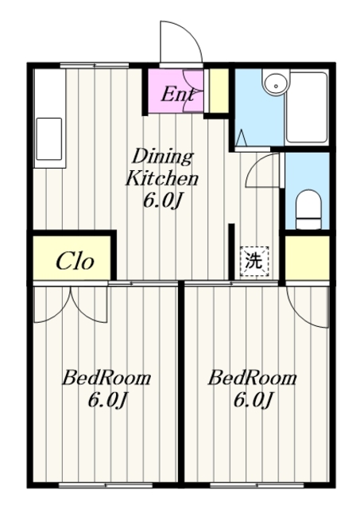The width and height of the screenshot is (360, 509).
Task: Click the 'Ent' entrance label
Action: [178, 95]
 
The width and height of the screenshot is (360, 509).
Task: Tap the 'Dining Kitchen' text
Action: [162, 168]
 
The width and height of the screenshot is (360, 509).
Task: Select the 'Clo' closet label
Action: [75, 261]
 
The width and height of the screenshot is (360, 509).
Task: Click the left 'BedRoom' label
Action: [106, 378]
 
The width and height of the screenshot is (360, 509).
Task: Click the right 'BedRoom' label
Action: [253, 378]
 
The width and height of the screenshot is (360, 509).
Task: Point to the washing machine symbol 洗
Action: [254, 262]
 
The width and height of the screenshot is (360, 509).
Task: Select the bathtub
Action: [307, 107]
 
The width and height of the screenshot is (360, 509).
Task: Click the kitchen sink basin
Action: [49, 139]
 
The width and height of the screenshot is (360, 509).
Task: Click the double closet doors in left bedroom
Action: [71, 305]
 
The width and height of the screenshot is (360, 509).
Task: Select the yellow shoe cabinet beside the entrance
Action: [219, 90]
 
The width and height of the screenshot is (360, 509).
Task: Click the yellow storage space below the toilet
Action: [307, 257]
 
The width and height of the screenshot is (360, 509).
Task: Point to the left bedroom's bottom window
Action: [106, 486]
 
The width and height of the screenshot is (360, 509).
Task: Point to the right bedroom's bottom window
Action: [257, 486]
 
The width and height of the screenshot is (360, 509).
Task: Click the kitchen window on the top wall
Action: [95, 65]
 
